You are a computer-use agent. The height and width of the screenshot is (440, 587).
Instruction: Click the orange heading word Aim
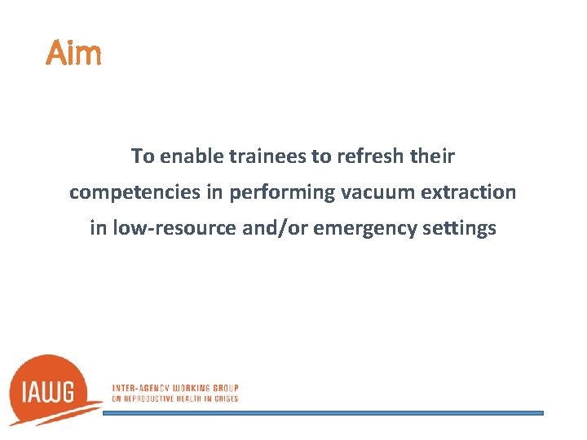click(74, 54)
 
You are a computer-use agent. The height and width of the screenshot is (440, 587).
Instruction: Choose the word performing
click(271, 192)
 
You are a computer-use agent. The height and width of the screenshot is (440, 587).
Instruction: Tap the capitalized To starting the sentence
click(143, 156)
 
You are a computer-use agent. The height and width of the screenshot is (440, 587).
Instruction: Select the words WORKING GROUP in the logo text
click(207, 388)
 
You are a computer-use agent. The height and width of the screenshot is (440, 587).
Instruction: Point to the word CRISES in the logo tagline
click(224, 398)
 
